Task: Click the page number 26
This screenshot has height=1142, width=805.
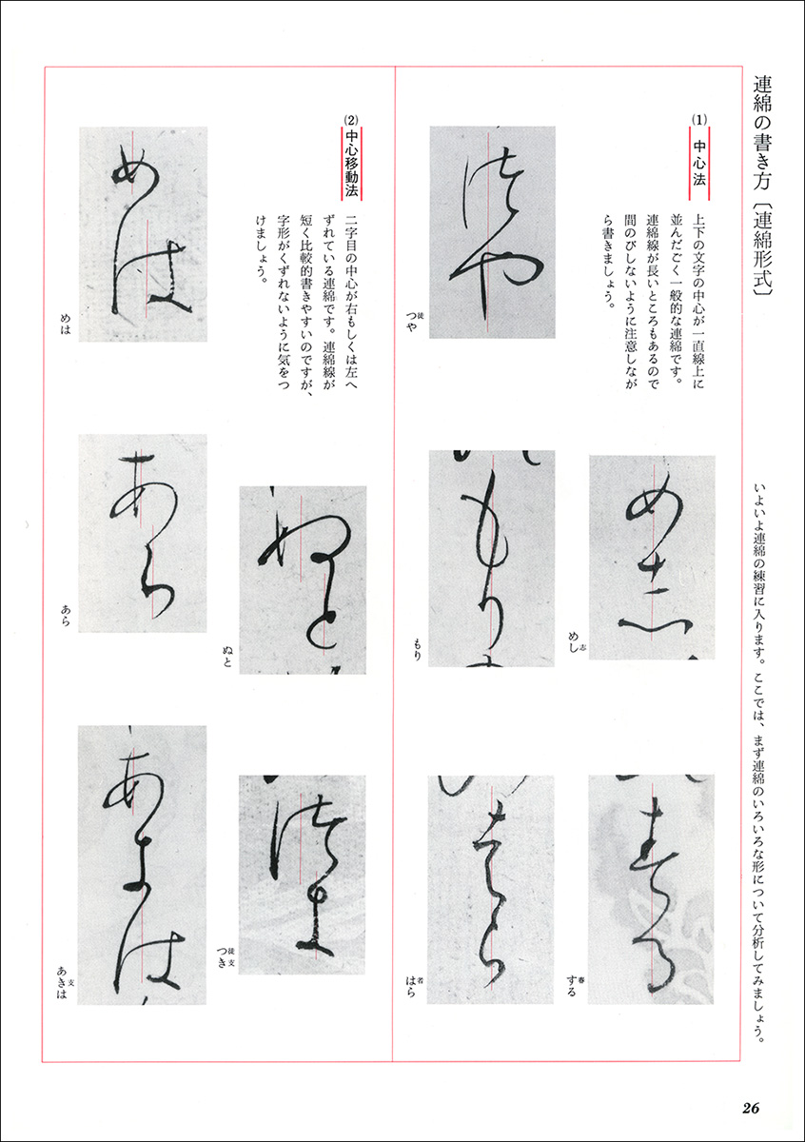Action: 750,1108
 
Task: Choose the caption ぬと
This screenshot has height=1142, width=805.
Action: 226,656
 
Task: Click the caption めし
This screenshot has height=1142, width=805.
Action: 574,642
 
